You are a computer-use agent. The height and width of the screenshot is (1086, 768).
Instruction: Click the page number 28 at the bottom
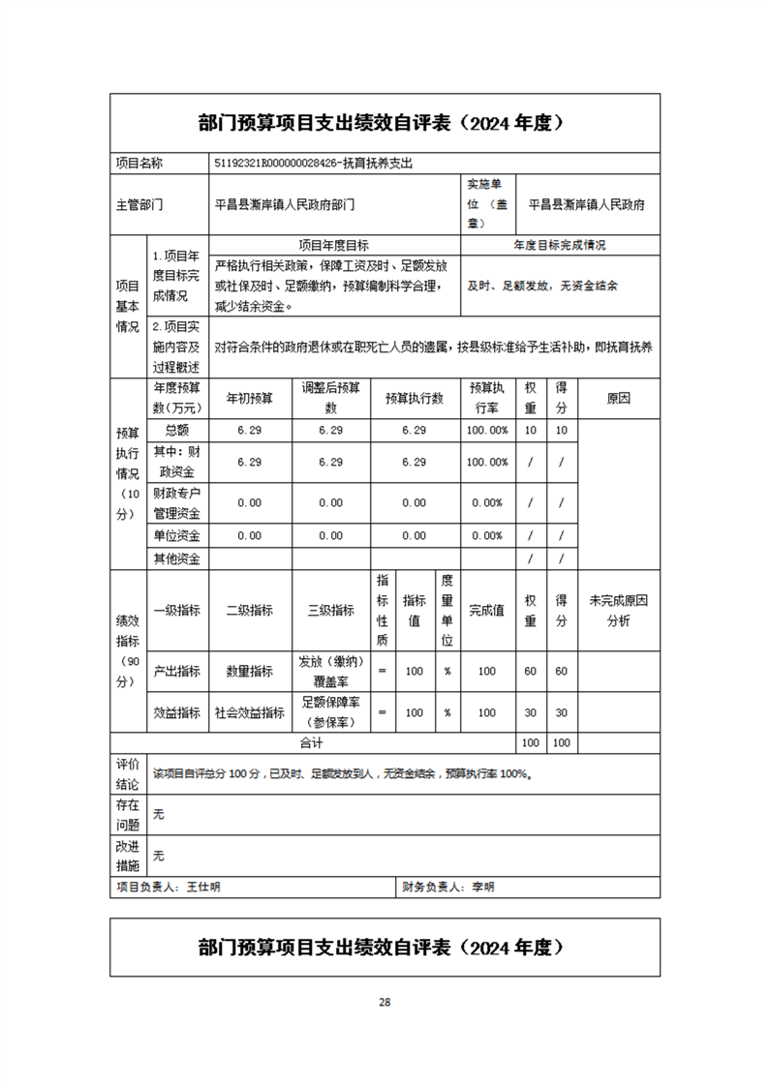click(384, 1002)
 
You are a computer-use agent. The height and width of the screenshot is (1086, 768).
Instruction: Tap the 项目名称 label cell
click(139, 164)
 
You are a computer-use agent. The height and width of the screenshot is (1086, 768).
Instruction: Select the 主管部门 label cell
click(139, 205)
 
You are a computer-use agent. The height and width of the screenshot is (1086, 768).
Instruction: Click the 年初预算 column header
click(250, 398)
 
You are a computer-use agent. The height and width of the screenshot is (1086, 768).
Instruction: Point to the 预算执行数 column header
click(414, 398)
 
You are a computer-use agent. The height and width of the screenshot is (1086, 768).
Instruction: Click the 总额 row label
click(176, 430)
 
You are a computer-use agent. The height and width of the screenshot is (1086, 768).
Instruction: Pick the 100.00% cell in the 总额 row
click(487, 430)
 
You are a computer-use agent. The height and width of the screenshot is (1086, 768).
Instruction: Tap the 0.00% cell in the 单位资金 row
click(487, 535)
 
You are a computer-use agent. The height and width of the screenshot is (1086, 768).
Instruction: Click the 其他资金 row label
click(176, 558)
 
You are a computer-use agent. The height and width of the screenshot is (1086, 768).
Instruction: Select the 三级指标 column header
click(330, 611)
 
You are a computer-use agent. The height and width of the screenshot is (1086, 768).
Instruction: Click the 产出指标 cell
click(176, 671)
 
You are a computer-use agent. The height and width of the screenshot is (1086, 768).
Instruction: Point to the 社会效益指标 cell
click(250, 712)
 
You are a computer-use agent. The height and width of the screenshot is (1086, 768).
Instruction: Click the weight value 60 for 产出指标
click(531, 671)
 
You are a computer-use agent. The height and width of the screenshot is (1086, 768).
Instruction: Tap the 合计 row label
click(310, 743)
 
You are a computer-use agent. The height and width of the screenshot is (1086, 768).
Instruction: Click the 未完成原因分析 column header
click(618, 611)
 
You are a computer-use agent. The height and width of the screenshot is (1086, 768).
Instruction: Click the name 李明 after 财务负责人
click(482, 887)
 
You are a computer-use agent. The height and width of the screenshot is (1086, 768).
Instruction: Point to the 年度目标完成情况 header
click(560, 246)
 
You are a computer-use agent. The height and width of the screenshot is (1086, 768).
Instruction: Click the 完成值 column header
click(486, 611)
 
